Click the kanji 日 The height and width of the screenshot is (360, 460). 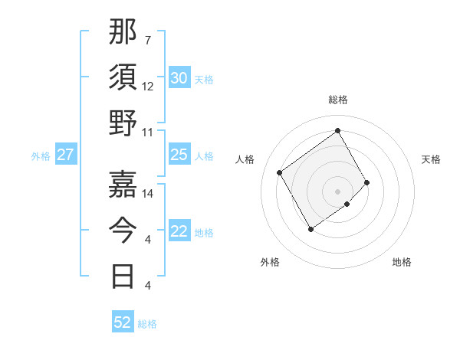[x=123, y=276]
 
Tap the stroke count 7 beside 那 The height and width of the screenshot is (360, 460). [x=147, y=40]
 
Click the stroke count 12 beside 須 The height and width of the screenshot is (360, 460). [x=148, y=86]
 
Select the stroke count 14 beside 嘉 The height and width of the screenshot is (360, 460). [x=148, y=193]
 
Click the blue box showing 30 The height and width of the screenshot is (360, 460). [x=179, y=78]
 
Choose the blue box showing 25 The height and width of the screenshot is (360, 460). [x=179, y=155]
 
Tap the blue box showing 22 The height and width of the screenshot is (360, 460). [x=179, y=232]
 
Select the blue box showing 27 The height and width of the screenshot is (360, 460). [x=65, y=155]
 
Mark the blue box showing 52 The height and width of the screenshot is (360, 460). [x=122, y=322]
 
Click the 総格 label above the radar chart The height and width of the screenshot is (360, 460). [x=338, y=100]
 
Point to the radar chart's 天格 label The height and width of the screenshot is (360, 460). [x=432, y=159]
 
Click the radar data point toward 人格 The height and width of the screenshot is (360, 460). [x=280, y=172]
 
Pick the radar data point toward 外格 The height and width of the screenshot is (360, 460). [x=310, y=229]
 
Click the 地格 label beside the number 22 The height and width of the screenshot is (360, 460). [x=204, y=233]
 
